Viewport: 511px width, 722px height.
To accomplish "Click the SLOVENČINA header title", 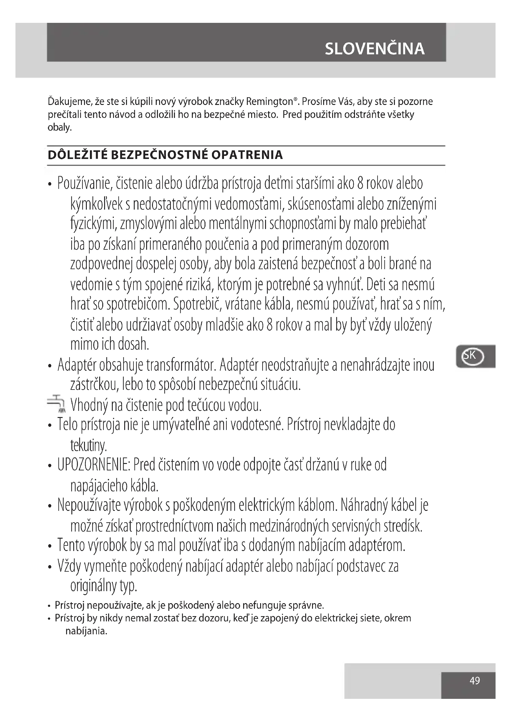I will coord(374,49).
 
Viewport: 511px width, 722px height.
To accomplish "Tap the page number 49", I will coord(475,681).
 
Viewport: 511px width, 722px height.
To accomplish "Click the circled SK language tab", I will coord(472,356).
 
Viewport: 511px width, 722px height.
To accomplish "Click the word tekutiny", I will coord(88,445).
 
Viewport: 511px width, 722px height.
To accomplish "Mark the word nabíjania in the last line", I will coord(86,631).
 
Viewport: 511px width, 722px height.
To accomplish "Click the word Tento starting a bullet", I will coord(71,545).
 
